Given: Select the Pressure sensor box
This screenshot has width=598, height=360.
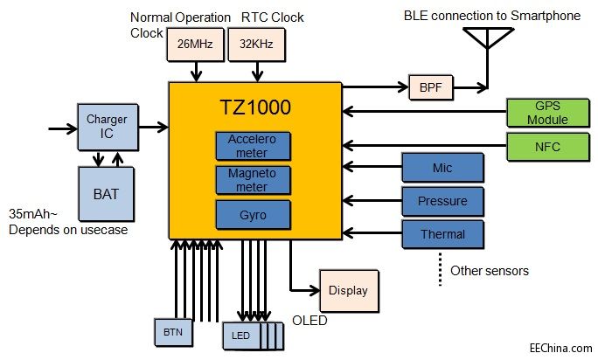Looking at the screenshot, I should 442,201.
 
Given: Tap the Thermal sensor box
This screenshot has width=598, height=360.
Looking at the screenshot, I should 442,233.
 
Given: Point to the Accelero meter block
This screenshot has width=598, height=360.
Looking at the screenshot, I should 252,146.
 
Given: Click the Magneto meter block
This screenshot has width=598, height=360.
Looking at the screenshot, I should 252,179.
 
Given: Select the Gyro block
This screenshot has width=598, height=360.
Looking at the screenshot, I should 252,213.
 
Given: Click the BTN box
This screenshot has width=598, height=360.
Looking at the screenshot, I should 172,332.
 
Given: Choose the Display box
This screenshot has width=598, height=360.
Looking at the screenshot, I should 348,290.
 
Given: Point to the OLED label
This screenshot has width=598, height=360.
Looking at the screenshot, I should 309,321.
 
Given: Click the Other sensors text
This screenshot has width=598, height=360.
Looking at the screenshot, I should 489,271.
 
